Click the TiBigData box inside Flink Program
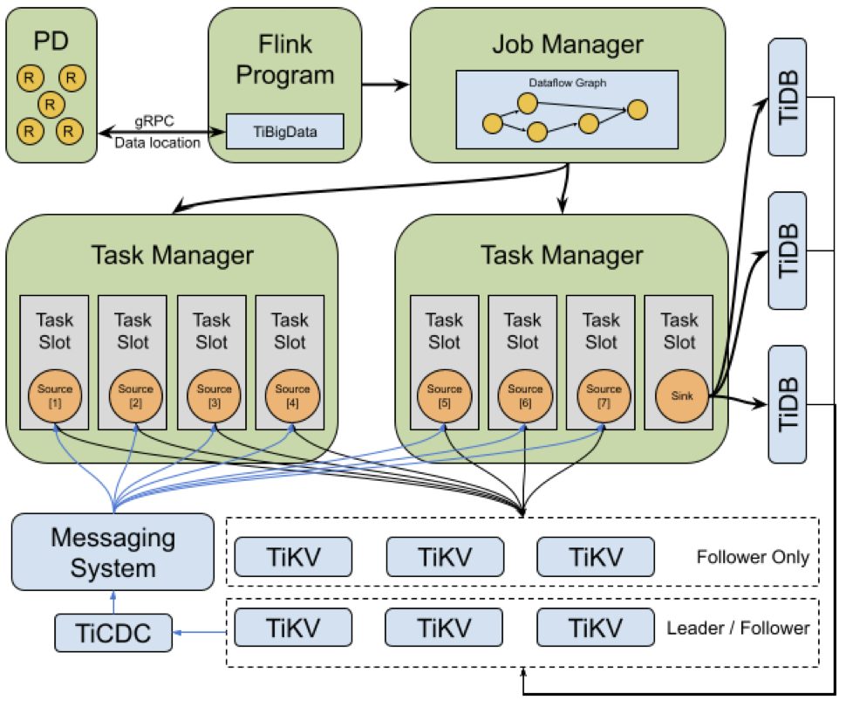(x=284, y=132)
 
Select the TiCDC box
(x=113, y=633)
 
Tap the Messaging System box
(x=113, y=552)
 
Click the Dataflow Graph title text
(x=567, y=83)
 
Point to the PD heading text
(x=51, y=40)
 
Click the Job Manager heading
(x=567, y=44)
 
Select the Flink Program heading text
(x=284, y=59)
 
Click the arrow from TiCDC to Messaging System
(x=113, y=601)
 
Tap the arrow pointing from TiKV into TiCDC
(x=203, y=630)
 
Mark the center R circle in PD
(x=51, y=106)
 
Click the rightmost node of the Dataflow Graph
(x=638, y=110)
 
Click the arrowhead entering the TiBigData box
(x=218, y=133)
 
